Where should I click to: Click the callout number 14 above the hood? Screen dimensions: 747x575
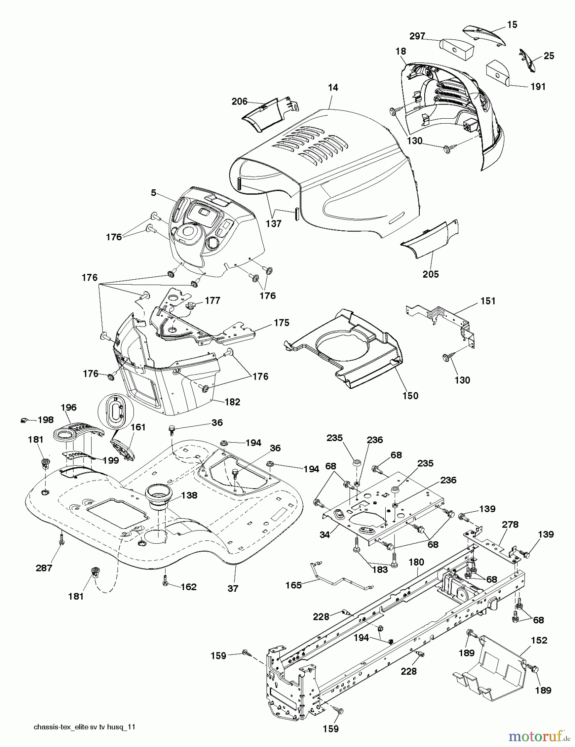pos(333,88)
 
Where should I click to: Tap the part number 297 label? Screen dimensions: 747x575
pos(417,37)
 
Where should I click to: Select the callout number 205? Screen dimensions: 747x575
pos(431,274)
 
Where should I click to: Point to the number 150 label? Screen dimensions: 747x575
pos(410,395)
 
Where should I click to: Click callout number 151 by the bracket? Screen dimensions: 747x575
pos(488,301)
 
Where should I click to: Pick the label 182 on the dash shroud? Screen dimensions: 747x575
pos(232,402)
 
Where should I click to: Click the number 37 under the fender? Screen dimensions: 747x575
pos(233,588)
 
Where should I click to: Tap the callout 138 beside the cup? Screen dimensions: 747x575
pos(189,495)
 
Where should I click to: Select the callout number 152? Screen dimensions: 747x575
pos(539,640)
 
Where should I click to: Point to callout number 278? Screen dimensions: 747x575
pos(510,525)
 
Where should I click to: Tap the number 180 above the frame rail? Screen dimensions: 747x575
pos(416,562)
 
